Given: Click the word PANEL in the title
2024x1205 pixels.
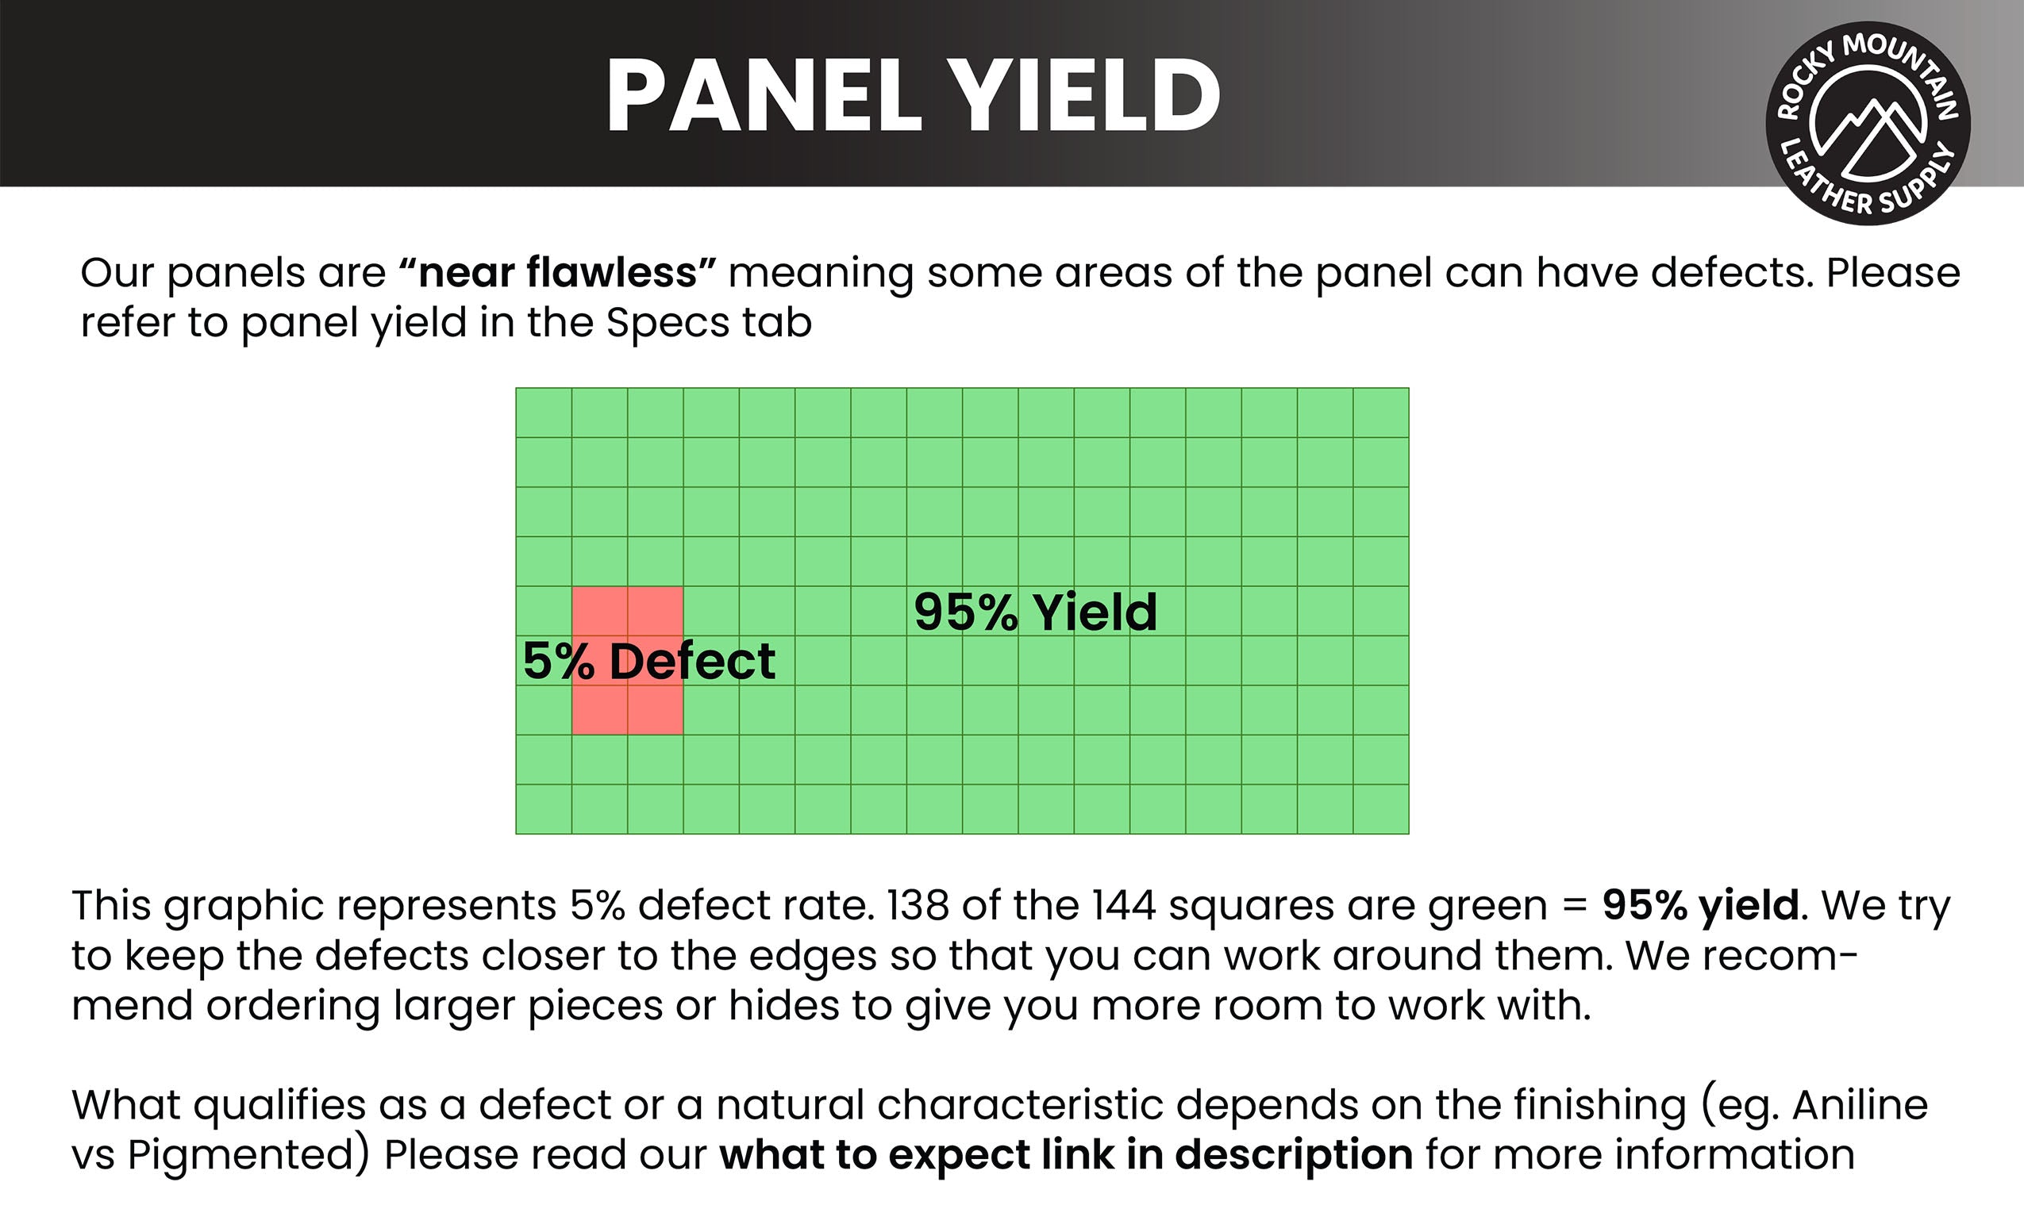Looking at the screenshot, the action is [764, 96].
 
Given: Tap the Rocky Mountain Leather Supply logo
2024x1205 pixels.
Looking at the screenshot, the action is [1868, 123].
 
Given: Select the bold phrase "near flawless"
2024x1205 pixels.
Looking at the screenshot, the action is [558, 273].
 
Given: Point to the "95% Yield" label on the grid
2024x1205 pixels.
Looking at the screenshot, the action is [1036, 612].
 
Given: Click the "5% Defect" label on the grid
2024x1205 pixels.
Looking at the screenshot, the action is [649, 661].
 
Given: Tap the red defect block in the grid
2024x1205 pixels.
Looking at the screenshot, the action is [627, 660].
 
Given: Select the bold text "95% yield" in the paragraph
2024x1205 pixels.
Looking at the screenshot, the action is [1701, 907].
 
